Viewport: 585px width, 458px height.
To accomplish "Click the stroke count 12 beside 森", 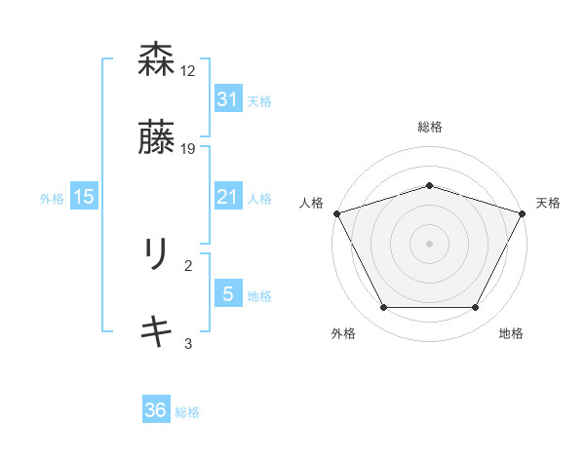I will coord(188,71).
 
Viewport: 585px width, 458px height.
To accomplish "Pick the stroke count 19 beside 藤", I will coord(188,149).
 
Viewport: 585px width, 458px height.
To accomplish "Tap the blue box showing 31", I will coord(227,99).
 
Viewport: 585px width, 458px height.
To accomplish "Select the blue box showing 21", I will coord(227,197).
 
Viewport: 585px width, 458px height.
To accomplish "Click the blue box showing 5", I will coord(227,294).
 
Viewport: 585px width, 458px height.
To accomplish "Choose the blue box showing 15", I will coord(83,197).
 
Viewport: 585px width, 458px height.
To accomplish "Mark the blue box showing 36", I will coord(156,410).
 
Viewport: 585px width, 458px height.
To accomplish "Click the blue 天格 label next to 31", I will coord(259,100).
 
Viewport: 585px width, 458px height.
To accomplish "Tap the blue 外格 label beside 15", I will coord(52,198).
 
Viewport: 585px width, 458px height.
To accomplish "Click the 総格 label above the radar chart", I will coord(429,127).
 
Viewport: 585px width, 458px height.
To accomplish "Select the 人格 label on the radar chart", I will coord(311,202).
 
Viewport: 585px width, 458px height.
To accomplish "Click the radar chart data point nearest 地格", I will coord(476,308).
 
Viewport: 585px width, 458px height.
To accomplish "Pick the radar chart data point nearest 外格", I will coord(383,308).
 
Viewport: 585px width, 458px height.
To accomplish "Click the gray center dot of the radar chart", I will coord(429,243).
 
